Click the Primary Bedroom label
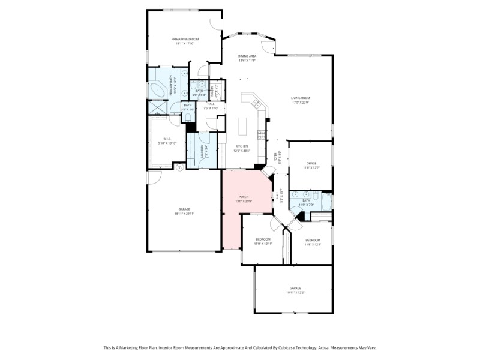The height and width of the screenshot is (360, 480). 187,39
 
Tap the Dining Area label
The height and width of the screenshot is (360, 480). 247,56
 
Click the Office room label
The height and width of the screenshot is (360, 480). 311,163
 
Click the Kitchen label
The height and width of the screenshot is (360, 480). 242,146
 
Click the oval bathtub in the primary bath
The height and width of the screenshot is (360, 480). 157,91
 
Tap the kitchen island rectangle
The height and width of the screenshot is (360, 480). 243,127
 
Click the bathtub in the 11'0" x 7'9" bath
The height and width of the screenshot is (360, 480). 326,200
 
